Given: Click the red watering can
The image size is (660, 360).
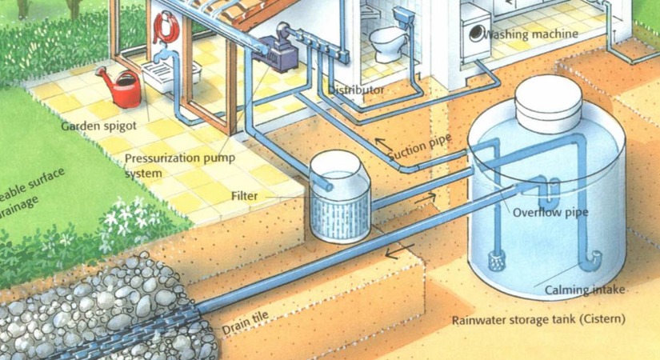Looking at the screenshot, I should [x=123, y=88].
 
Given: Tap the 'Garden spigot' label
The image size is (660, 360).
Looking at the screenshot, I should [x=98, y=126].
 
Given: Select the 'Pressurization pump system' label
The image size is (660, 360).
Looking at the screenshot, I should [x=179, y=165].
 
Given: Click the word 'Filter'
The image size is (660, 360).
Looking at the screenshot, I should [x=244, y=195].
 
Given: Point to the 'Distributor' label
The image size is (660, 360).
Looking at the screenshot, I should [x=356, y=90].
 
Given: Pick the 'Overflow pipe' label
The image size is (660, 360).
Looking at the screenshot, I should [x=550, y=213].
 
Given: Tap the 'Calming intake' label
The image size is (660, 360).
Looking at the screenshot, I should [x=585, y=289].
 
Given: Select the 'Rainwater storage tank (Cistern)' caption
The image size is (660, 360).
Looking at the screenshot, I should [x=538, y=321].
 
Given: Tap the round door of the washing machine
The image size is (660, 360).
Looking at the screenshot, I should [x=478, y=34].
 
